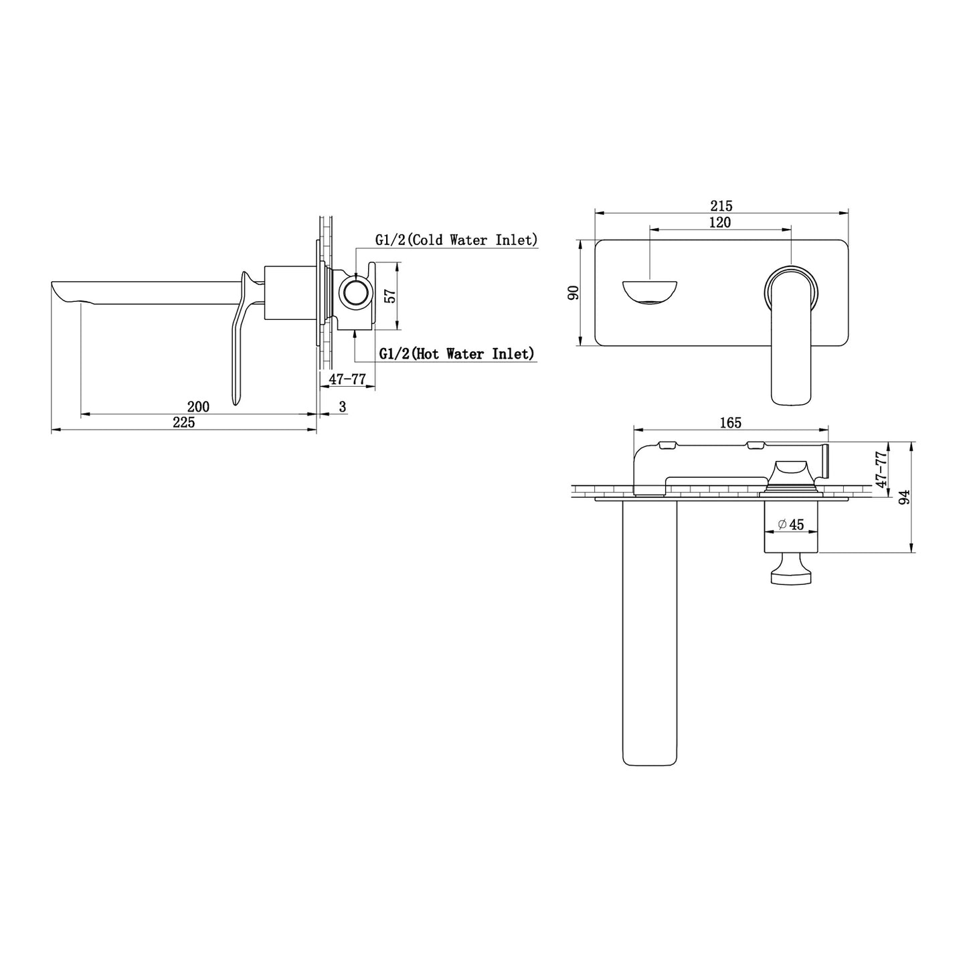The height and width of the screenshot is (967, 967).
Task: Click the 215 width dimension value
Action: point(721,205)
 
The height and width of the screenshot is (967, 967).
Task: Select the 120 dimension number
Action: point(719,222)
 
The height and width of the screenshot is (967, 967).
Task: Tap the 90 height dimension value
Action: point(574,292)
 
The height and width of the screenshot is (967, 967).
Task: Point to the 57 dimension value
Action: point(390,296)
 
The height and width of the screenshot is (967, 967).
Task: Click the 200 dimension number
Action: point(198,406)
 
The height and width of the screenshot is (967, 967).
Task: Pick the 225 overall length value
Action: point(183,422)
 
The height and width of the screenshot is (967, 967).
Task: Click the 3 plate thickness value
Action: point(342,406)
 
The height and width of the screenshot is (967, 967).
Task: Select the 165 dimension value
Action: point(730,423)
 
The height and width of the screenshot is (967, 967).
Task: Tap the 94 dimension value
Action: point(904,497)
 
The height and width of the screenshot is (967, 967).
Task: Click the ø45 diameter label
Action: point(791,525)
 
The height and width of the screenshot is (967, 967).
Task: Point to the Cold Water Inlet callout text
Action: point(456,240)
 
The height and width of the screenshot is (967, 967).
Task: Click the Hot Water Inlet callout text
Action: point(456,354)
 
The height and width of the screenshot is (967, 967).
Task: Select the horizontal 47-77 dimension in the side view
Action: point(347,378)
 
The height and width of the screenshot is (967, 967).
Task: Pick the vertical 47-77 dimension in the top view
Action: point(881,469)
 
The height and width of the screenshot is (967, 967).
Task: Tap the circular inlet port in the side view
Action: point(356,292)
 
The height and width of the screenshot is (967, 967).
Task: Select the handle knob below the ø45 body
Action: point(791,568)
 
